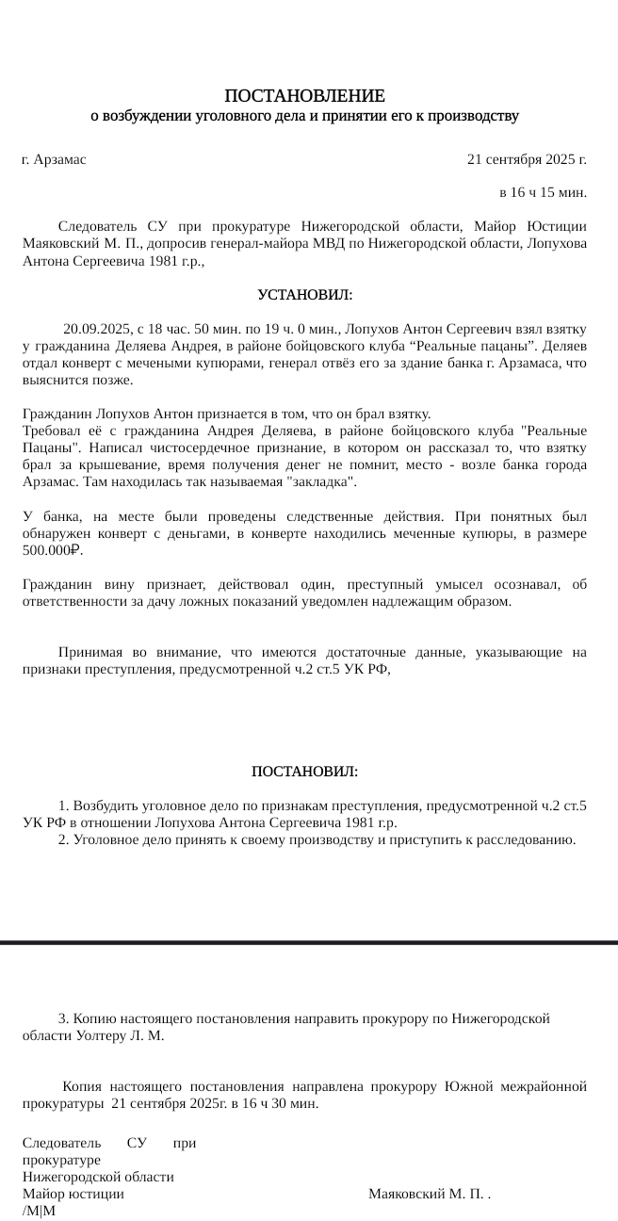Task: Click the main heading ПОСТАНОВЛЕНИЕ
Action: tap(304, 96)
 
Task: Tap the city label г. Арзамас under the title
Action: tap(54, 159)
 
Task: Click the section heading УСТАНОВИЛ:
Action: tap(304, 296)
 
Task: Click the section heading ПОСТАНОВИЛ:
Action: tap(304, 773)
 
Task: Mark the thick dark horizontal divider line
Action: tap(309, 941)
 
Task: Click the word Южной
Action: tap(468, 1086)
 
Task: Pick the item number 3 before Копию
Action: tap(62, 1018)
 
